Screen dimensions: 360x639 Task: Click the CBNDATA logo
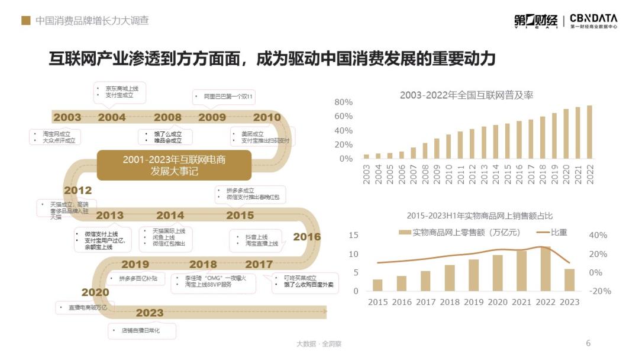coord(593,21)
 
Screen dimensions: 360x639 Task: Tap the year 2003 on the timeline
coord(67,117)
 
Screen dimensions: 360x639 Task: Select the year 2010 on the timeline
coord(267,117)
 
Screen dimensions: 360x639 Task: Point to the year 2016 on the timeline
coord(307,237)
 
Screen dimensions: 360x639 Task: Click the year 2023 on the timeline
coord(149,313)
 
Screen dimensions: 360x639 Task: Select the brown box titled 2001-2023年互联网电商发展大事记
coord(174,165)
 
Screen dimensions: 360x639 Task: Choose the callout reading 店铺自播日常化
coord(140,330)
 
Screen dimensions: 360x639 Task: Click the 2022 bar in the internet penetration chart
coord(589,132)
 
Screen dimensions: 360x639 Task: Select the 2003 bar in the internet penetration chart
coord(366,156)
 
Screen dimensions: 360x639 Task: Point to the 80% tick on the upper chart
coord(344,102)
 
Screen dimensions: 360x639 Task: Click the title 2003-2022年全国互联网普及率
coord(466,95)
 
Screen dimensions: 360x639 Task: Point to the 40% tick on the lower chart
coord(598,235)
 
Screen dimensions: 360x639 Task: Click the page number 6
coord(588,343)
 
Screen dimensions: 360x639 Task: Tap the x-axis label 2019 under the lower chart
coord(473,302)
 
